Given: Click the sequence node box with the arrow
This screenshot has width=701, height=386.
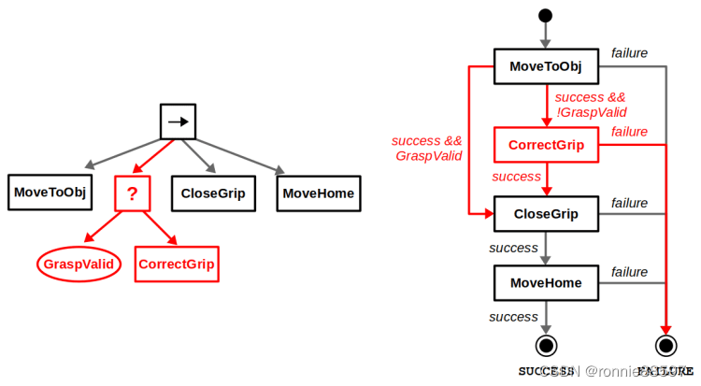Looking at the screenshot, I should coord(177,121).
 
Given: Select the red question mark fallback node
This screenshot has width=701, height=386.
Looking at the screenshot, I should coord(132,193).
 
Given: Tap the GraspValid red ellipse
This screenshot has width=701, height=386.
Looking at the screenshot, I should coord(80,264).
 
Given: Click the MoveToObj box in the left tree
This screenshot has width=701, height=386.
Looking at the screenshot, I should coord(50,193).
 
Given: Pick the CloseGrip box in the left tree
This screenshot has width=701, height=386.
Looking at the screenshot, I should coord(213,193).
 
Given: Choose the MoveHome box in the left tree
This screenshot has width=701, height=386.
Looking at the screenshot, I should coord(319,193).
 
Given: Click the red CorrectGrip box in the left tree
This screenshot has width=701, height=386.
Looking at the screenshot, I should coord(177,264).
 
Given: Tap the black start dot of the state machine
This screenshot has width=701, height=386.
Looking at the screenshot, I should coord(546,16).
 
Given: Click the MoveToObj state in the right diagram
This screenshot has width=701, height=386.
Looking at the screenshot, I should coord(546,66).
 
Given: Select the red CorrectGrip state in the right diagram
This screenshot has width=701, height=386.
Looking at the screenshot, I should coord(546,145).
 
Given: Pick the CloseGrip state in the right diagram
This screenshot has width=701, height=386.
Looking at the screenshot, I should coord(546,214).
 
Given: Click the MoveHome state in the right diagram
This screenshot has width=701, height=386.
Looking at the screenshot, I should coord(546,282).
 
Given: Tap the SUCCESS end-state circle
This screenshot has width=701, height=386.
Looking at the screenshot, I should coord(546,345).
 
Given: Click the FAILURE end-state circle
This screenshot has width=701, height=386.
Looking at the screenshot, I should coord(665,345).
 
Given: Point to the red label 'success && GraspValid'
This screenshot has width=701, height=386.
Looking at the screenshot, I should coord(427,149).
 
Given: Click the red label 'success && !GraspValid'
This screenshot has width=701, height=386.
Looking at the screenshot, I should coord(590,105).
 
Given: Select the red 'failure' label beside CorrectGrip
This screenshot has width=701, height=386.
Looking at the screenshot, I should coord(629,132).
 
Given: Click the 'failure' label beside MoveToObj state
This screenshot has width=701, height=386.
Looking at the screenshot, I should coord(629,53).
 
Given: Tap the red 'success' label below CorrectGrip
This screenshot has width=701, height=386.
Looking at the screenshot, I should coord(516,177).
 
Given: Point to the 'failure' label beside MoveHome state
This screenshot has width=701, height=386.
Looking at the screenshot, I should coord(629,271).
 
